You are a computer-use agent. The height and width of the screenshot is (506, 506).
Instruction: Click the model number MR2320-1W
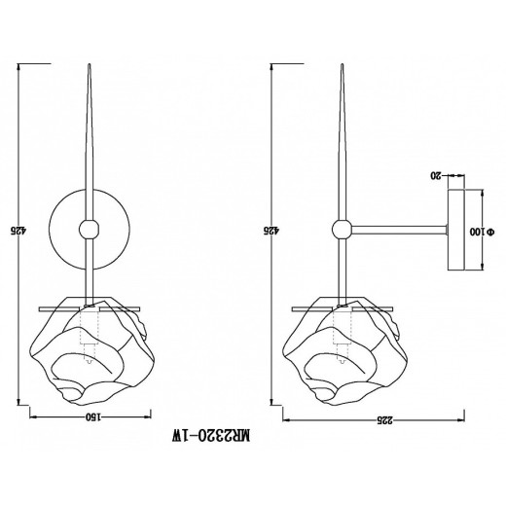pyautogui.click(x=211, y=435)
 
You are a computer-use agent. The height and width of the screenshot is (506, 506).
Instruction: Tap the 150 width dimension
pyautogui.click(x=93, y=416)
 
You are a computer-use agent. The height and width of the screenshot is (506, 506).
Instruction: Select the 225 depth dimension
pyautogui.click(x=384, y=420)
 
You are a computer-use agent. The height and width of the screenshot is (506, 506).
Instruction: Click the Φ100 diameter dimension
pyautogui.click(x=483, y=232)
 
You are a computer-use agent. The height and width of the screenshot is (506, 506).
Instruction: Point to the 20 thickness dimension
pyautogui.click(x=436, y=176)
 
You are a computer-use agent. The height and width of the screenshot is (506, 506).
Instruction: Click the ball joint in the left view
pyautogui.click(x=89, y=230)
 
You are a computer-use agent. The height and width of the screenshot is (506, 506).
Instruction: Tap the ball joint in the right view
pyautogui.click(x=342, y=230)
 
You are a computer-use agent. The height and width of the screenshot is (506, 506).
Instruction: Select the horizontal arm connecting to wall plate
pyautogui.click(x=399, y=230)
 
